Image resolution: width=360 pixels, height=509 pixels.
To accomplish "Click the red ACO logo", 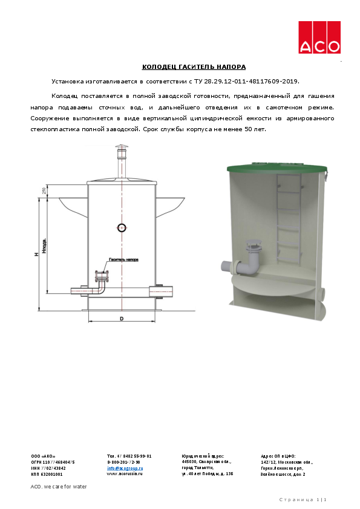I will pos(319,37).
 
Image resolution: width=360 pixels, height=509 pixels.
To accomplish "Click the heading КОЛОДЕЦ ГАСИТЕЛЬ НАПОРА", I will pos(194,67).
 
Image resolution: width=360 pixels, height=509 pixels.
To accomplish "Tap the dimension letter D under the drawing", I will pos(122,317).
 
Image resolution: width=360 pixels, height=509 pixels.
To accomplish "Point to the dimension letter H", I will pos(36,254).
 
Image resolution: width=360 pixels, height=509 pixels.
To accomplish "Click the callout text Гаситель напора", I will pos(123,259).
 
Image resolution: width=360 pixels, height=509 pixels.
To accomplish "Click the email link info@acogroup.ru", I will pos(125,468).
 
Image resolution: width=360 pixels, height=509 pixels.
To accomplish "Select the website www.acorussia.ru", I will pos(125,474).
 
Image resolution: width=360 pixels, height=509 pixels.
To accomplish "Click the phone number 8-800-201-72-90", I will pos(123,462).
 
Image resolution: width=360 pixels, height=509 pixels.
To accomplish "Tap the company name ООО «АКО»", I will pos(43,456).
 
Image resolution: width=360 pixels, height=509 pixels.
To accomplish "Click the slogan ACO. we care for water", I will pos(59,487).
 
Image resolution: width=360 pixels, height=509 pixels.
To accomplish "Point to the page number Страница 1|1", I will pos(306,499).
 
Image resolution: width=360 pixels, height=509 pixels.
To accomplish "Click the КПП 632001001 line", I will pos(47,474).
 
